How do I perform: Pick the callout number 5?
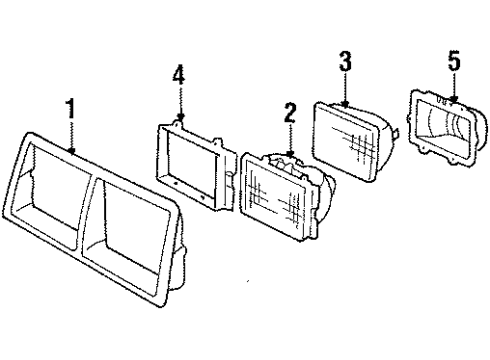click(453, 62)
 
